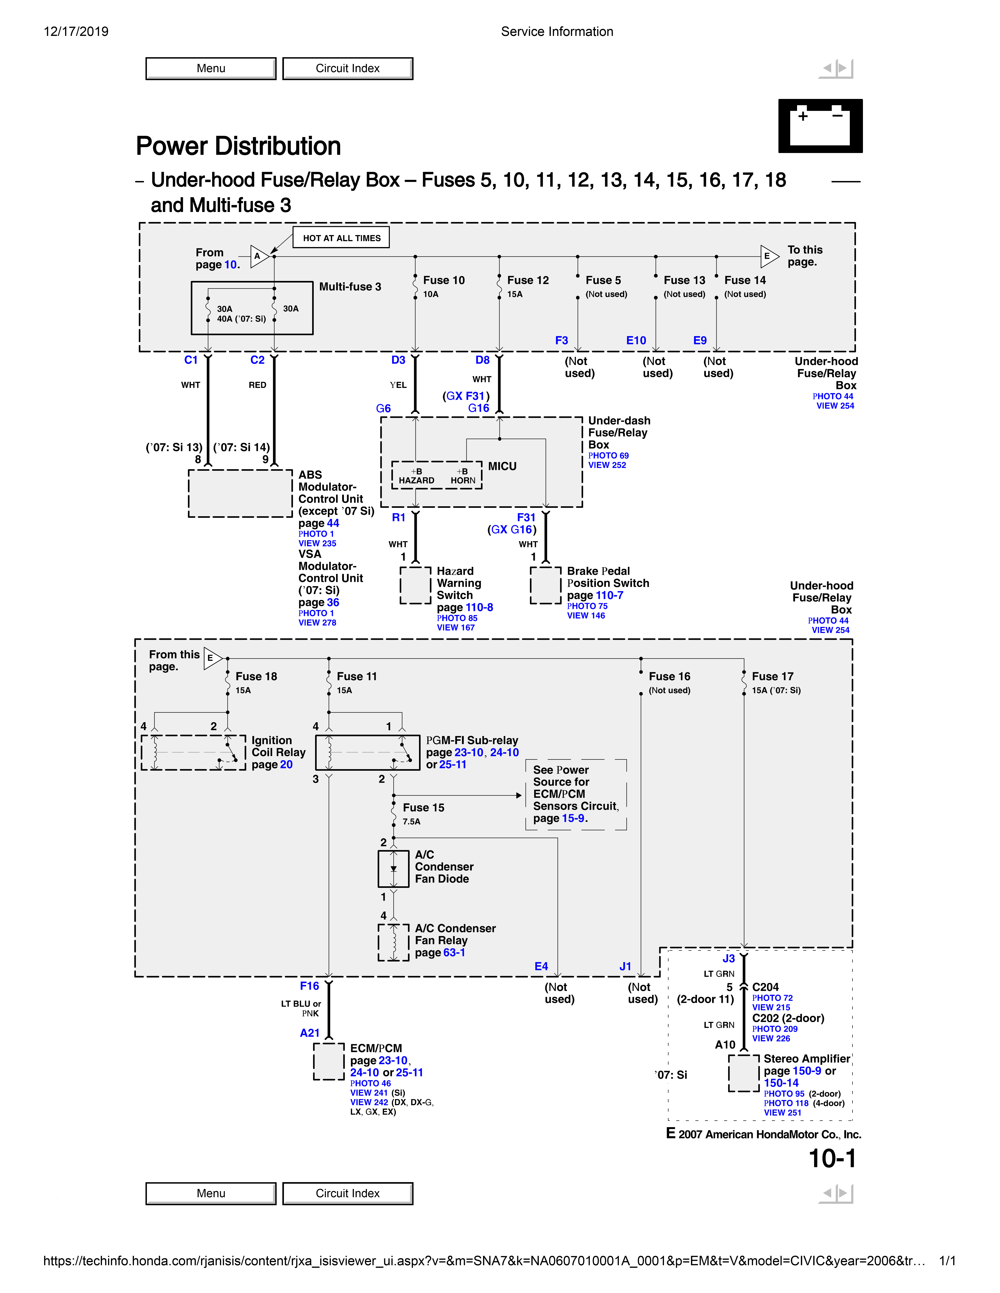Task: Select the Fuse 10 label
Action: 444,280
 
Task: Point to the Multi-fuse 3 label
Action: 350,287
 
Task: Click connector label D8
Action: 482,360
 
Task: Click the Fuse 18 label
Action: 256,676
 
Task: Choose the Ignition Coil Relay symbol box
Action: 193,752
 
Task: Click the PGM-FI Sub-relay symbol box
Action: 367,752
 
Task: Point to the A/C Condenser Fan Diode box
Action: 393,868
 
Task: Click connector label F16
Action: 309,986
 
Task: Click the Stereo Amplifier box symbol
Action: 744,1073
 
